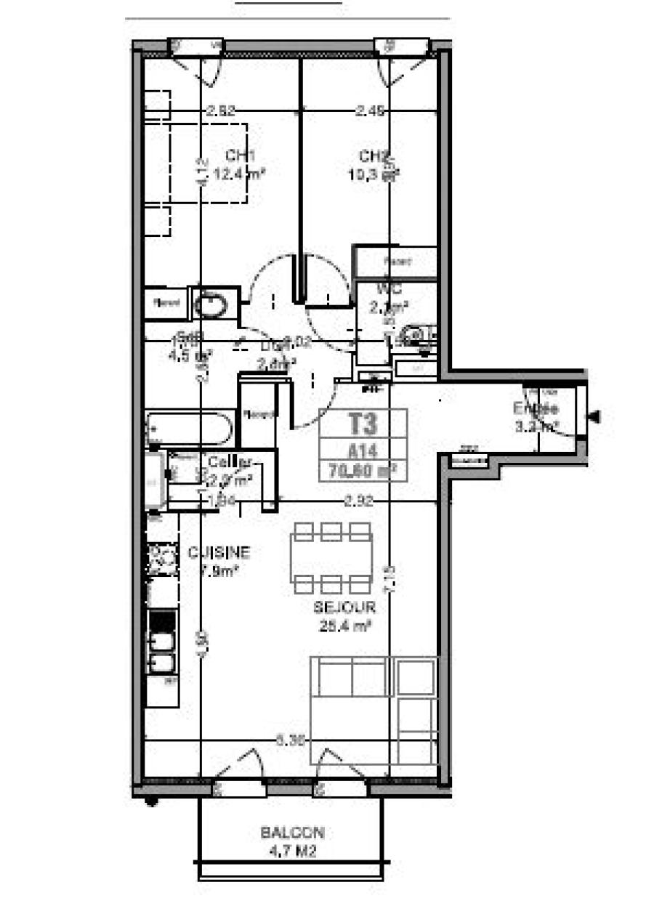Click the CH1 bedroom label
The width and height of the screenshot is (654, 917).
point(235,155)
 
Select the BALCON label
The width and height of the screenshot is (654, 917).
point(292,833)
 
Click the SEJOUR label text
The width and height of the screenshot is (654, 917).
point(344,607)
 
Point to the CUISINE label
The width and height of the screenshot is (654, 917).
point(219,553)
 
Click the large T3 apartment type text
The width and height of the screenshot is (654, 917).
point(363,423)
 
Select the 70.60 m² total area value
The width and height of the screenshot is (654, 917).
point(363,469)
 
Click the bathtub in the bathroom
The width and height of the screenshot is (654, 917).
point(189,428)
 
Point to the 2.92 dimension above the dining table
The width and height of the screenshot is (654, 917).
point(359,501)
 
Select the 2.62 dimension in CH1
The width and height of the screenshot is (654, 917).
point(221,111)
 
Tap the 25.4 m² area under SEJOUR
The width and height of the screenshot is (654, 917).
point(344,624)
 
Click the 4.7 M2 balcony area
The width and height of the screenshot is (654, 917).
point(292,852)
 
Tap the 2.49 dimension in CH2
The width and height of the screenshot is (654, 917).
point(370,111)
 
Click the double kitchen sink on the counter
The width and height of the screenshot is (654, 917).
point(162,651)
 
